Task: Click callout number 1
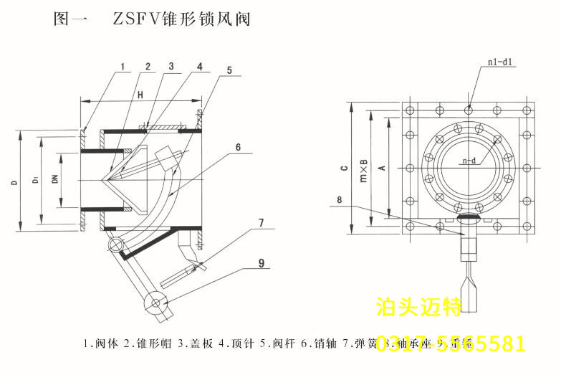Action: pos(123,67)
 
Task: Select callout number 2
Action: pos(148,67)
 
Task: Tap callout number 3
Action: pos(171,67)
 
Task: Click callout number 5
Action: pos(229,70)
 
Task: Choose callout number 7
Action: pos(261,223)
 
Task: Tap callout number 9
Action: pos(262,263)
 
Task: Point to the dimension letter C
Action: pos(344,168)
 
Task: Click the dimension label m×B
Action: pos(363,171)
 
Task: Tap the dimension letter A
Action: pos(382,168)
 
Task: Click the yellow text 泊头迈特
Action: pos(419,308)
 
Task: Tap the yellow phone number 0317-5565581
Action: pos(451,343)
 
